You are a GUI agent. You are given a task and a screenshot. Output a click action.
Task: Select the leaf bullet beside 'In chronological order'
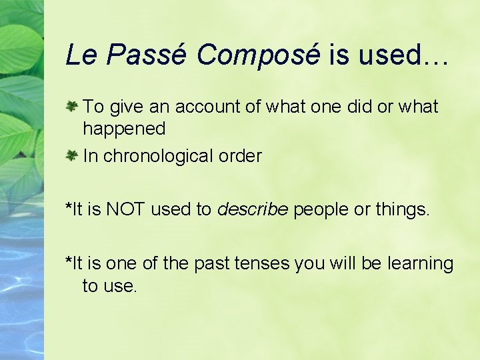coord(73,155)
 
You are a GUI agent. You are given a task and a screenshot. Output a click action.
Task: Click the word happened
coord(124,127)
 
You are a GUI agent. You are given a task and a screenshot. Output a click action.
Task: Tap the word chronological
coord(159,157)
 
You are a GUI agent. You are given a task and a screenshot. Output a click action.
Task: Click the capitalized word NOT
coord(127,210)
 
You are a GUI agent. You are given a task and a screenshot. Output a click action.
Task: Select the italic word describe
coord(253,210)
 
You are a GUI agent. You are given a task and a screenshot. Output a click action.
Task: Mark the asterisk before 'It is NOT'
coord(68,207)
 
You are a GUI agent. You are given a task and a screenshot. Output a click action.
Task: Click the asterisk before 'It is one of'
coord(68,261)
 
